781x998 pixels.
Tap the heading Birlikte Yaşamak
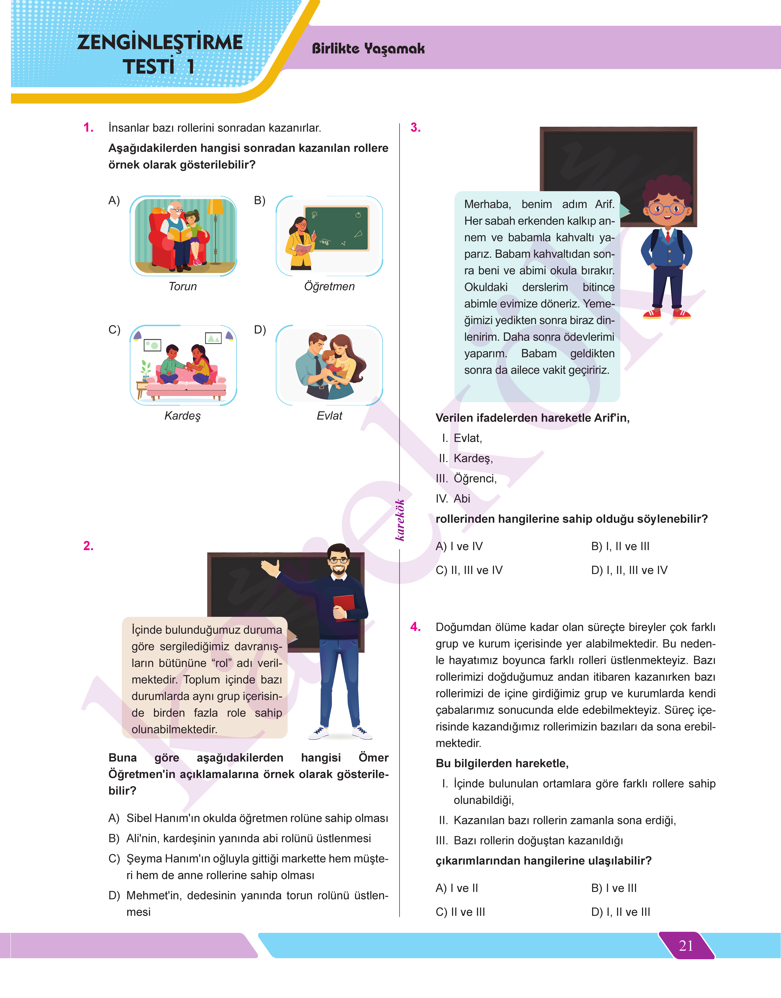(368, 49)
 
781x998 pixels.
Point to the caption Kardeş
(182, 416)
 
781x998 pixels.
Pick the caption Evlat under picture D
(329, 416)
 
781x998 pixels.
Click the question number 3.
(415, 128)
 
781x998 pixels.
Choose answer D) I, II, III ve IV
(629, 570)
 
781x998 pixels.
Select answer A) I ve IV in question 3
(459, 546)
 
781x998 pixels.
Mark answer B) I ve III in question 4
(614, 888)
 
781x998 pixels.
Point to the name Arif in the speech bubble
(605, 204)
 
